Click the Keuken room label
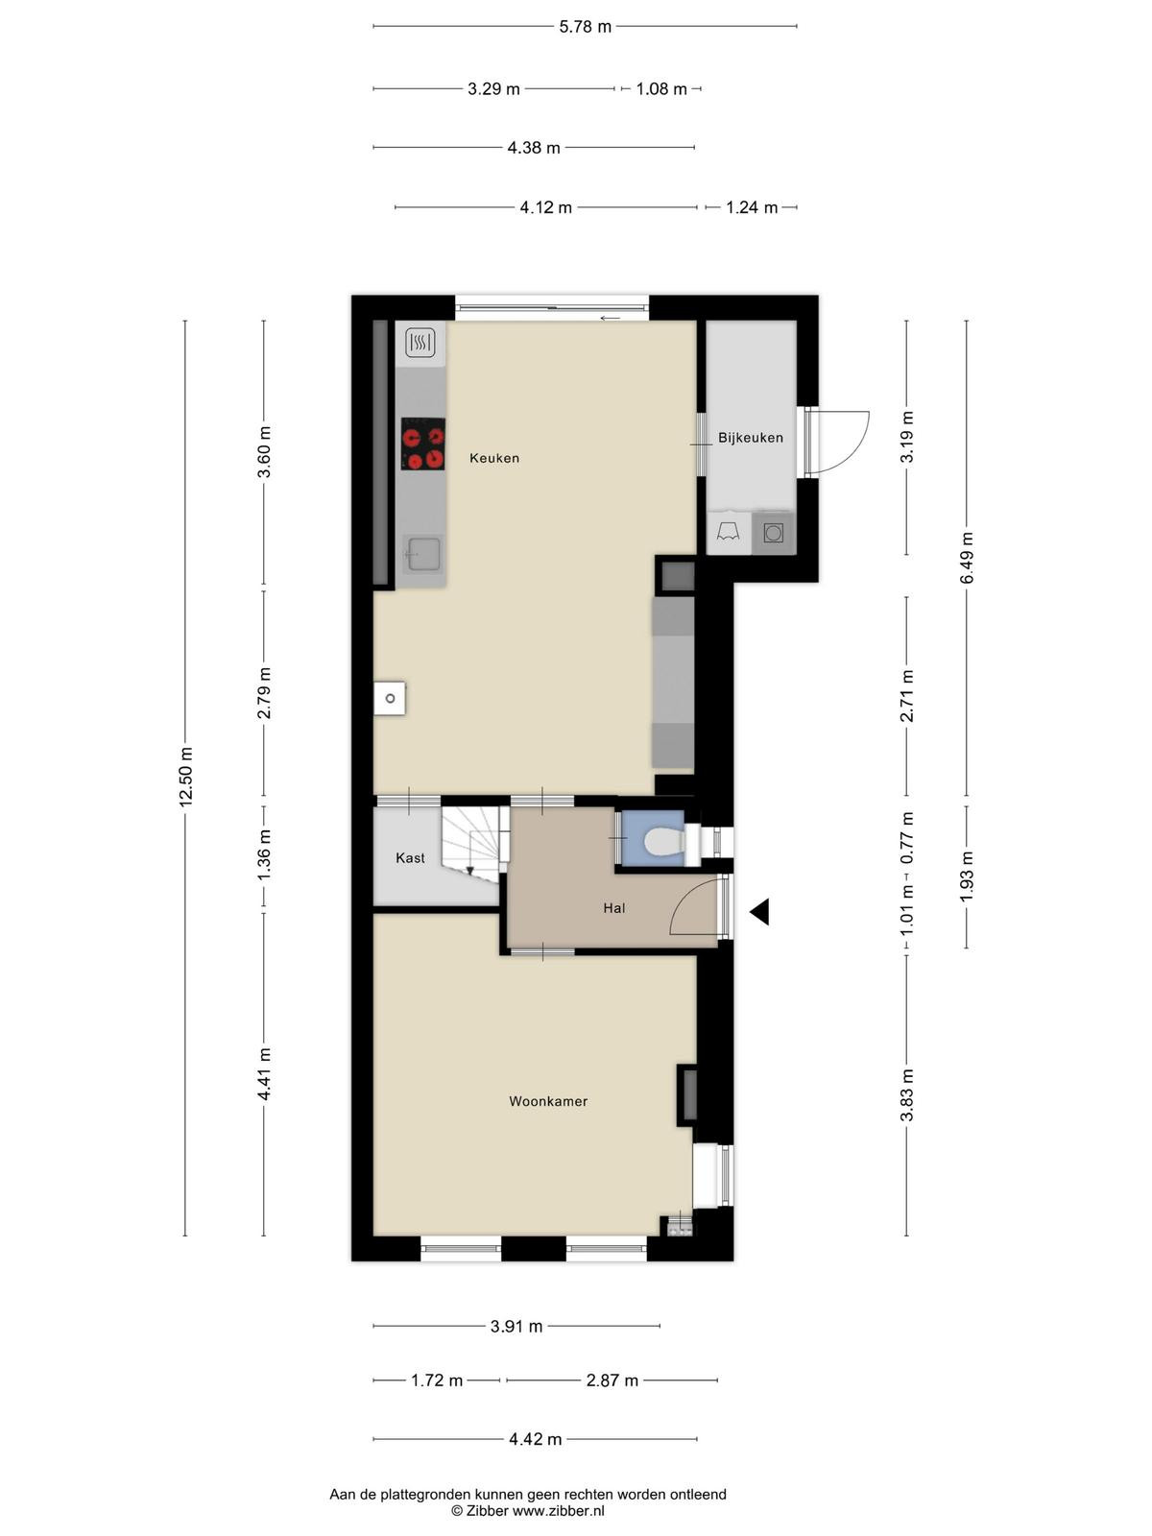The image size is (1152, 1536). (494, 458)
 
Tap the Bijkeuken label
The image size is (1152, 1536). (751, 438)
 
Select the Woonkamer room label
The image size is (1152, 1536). (548, 1101)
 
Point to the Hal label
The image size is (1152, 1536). (614, 908)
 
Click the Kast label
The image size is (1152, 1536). (410, 858)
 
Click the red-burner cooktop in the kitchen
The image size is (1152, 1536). (423, 444)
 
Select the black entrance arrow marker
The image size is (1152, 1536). (759, 912)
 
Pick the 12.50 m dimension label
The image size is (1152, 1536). (185, 777)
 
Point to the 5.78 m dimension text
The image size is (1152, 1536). (585, 27)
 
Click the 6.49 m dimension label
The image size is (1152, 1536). (967, 558)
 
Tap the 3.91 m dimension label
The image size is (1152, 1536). (516, 1326)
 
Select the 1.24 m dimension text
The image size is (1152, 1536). (752, 207)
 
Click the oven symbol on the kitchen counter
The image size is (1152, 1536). (420, 343)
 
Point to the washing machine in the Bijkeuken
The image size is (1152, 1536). (773, 534)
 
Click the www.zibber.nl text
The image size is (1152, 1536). (558, 1511)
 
